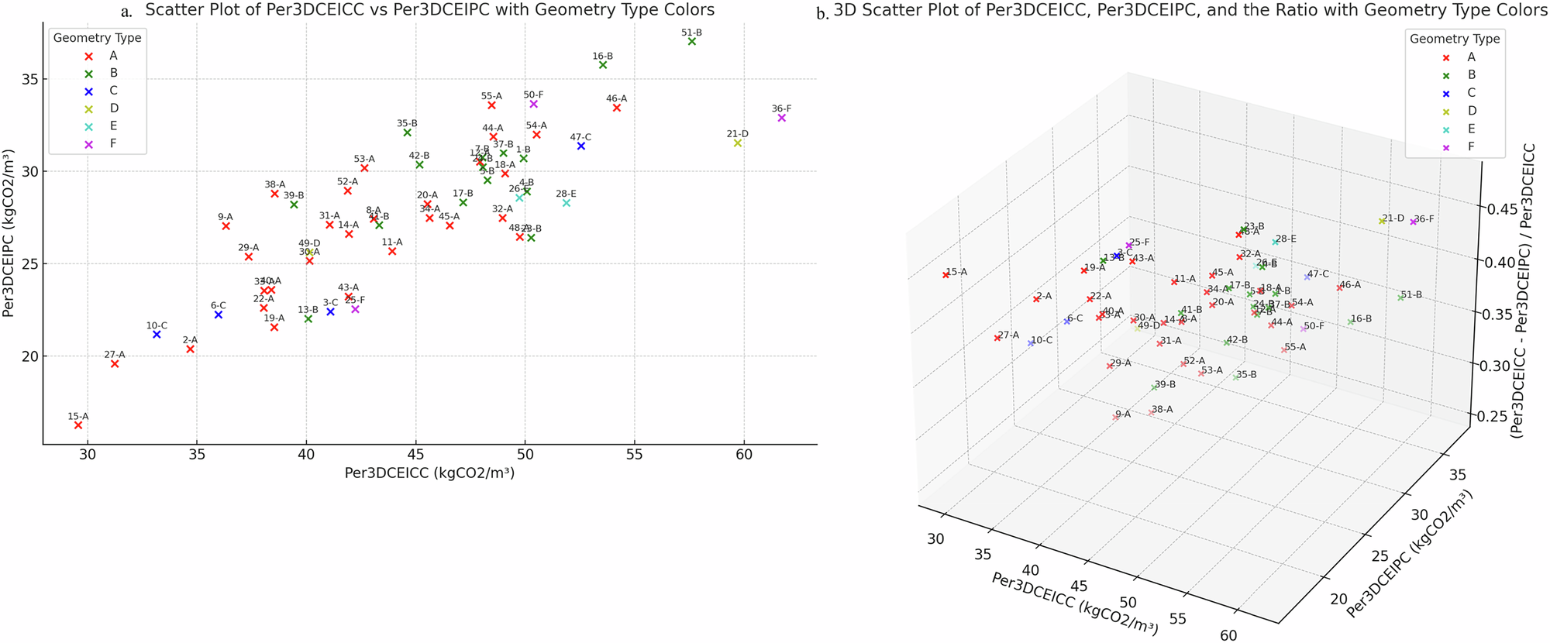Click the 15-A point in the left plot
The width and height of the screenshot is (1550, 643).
[x=78, y=425]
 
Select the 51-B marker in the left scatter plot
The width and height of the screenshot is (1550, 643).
[x=692, y=42]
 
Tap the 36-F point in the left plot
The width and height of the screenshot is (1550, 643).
[x=782, y=118]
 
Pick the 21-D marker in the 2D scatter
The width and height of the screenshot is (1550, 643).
[x=738, y=143]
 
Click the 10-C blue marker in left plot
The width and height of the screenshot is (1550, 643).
[x=157, y=335]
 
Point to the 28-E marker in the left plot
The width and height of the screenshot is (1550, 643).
[x=567, y=203]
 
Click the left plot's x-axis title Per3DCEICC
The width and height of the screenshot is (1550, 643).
[x=429, y=473]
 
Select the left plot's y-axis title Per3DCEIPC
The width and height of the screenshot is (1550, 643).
[x=10, y=232]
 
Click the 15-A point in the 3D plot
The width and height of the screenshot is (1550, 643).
[x=945, y=275]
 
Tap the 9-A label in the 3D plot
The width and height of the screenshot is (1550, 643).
[x=1123, y=414]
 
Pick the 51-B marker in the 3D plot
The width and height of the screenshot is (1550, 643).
[x=1400, y=297]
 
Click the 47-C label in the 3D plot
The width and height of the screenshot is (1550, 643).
[x=1318, y=274]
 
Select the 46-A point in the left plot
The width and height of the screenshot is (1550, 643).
[x=617, y=108]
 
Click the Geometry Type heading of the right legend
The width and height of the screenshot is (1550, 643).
[x=1455, y=39]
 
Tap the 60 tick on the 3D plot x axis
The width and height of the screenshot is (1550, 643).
[x=1228, y=635]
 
